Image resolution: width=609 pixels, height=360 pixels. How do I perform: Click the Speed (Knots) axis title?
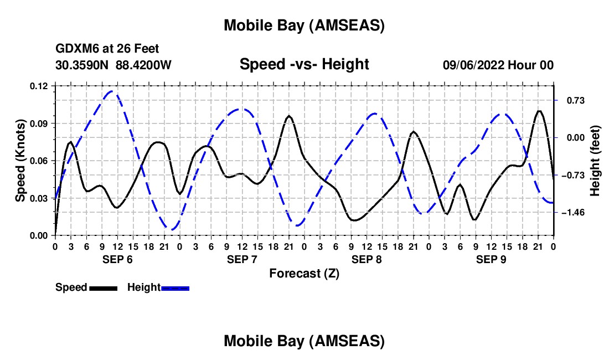(20, 161)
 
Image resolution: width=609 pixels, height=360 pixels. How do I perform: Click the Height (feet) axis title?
(595, 161)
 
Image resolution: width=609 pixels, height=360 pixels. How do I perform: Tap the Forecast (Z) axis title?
(304, 273)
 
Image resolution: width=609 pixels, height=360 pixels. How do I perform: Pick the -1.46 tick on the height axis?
(572, 213)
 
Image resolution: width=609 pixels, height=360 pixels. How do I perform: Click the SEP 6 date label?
(117, 259)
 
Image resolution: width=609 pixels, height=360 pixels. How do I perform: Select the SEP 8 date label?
(367, 259)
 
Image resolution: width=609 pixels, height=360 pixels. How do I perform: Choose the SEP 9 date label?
(491, 259)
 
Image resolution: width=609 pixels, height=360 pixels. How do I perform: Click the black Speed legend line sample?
(103, 288)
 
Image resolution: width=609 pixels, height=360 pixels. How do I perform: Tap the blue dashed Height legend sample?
(175, 288)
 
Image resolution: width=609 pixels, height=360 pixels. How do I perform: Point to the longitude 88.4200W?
(144, 65)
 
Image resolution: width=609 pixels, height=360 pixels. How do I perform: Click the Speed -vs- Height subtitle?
(304, 64)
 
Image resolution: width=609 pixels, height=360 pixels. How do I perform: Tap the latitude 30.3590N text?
(83, 65)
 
